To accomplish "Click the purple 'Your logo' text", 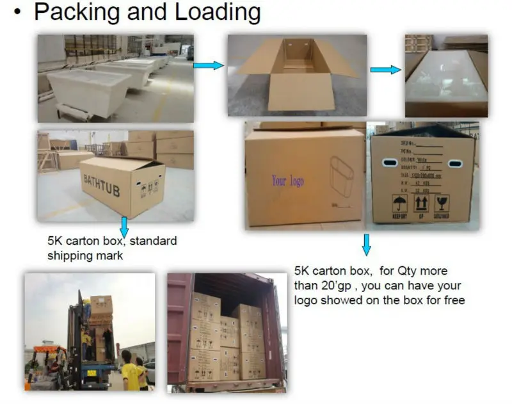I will coord(287,181).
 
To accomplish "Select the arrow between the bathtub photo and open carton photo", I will coord(208,65).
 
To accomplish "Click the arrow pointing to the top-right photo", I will coord(385,69).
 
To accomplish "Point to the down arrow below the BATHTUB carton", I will coord(124,226).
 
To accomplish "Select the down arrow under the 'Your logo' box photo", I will coord(366,244).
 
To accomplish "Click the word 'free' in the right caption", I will coord(452,300).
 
